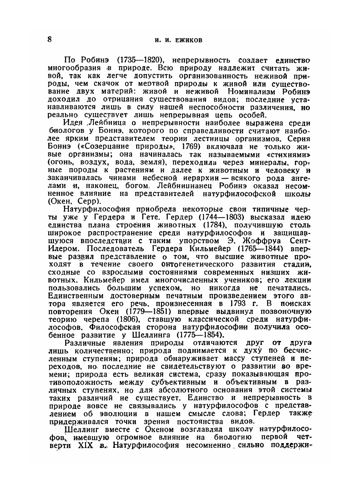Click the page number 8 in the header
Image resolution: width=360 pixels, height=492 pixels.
point(50,40)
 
